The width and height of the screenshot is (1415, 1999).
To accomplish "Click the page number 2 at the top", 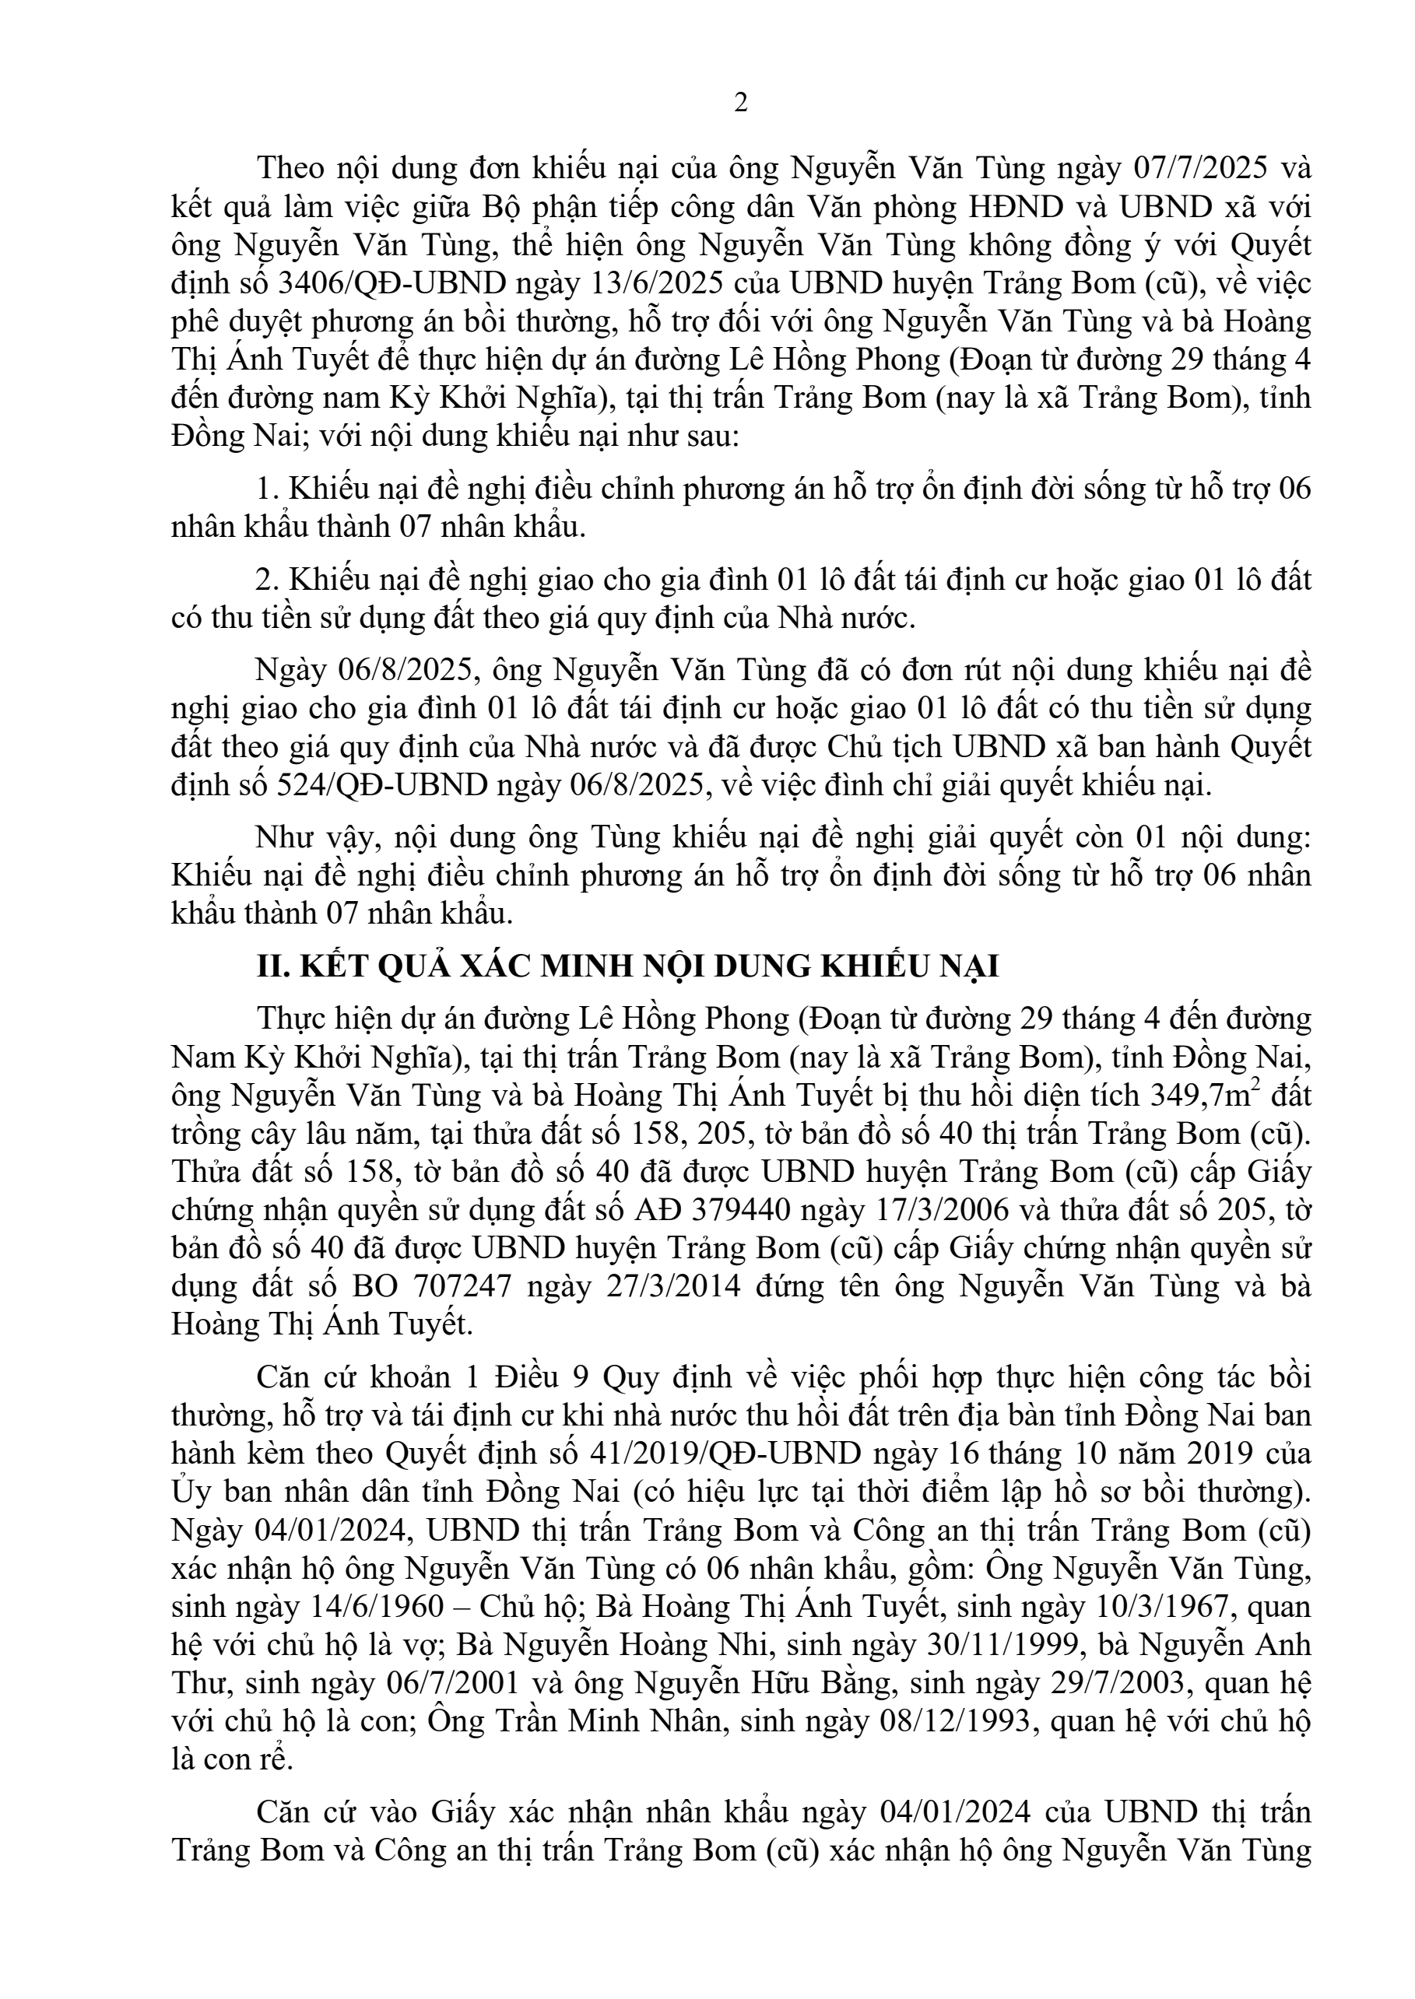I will point(741,103).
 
